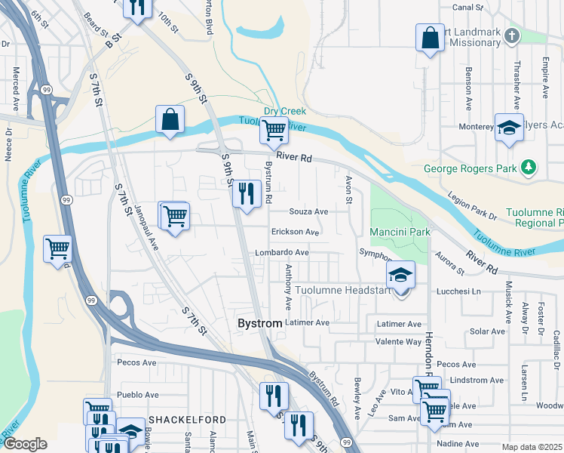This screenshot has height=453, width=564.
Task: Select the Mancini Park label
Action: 399,230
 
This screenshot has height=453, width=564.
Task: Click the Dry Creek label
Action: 283,111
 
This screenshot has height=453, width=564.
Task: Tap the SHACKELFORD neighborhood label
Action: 183,419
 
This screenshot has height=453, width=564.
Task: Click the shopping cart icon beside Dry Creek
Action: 274,131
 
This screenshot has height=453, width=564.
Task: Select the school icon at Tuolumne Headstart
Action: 401,273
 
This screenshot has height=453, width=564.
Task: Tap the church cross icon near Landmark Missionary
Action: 512,36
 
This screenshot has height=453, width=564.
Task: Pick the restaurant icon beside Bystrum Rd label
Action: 247,193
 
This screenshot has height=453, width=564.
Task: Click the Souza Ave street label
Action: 310,212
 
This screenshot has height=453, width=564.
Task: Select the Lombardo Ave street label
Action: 282,252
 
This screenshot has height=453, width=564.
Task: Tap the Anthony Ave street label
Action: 288,288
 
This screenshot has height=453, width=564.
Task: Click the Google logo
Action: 25,444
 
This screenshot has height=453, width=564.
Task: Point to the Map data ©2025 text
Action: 532,447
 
